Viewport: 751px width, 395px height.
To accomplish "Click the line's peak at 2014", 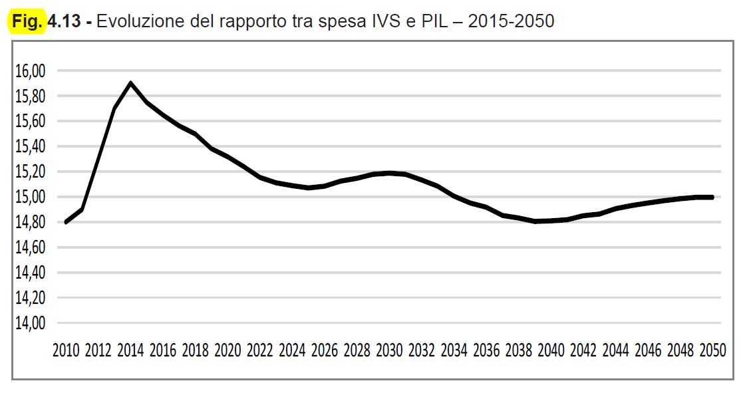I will coord(130,83).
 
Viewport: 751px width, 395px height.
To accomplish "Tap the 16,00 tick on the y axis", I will coord(29,71).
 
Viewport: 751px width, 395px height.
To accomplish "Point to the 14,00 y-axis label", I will coord(29,323).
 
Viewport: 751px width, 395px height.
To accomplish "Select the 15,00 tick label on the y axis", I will coord(29,197).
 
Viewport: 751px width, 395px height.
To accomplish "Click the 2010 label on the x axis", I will coord(66,350).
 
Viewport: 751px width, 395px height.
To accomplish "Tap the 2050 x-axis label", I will coord(712,350).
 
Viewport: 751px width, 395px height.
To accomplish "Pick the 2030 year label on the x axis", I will coord(389,350).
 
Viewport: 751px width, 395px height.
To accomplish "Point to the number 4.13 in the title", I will coord(65,22).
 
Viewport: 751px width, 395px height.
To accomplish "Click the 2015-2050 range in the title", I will coord(511,22).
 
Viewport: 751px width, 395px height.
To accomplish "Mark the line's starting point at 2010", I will coord(66,222).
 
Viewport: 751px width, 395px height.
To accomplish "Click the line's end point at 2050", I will coord(712,197).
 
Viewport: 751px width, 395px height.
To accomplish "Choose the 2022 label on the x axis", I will coord(260,350).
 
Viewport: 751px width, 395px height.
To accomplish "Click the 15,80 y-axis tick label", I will coord(29,96).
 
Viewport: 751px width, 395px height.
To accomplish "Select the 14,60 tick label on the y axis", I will coord(29,247).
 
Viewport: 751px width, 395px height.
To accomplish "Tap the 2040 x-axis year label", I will coord(551,350).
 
